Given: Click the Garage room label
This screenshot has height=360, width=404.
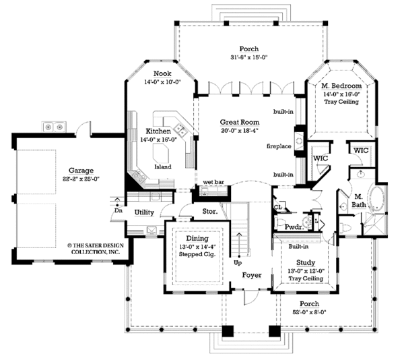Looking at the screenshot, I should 80,171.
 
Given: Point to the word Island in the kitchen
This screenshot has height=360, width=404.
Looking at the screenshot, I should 162,166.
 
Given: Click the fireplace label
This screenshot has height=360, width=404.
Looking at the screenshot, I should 277,145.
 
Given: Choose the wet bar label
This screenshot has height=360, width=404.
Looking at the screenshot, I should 213,183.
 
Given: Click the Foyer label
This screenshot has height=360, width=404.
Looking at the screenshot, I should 252,274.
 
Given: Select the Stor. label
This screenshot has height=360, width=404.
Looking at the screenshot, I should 209,212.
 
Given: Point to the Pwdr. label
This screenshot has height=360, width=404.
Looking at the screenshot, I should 292,228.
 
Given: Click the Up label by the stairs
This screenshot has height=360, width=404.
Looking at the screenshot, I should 238,262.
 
